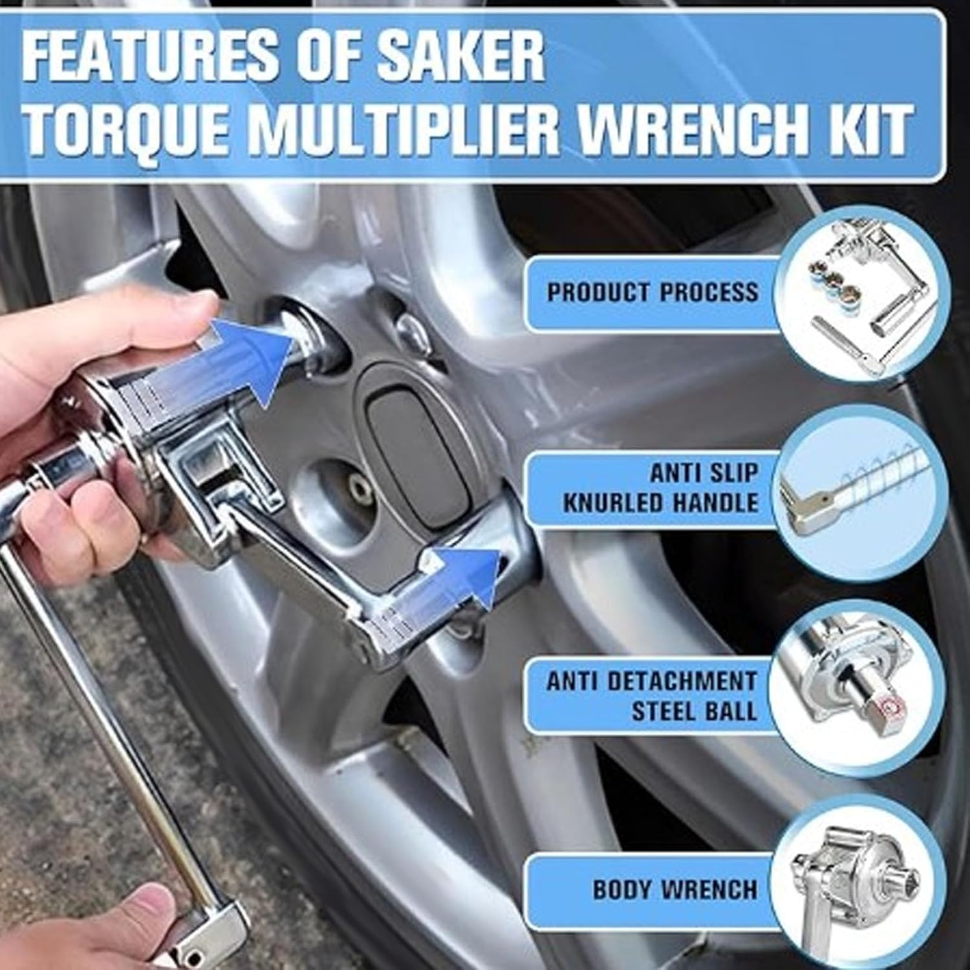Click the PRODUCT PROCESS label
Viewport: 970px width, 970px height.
point(652,292)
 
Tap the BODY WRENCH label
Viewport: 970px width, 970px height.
point(674,890)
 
